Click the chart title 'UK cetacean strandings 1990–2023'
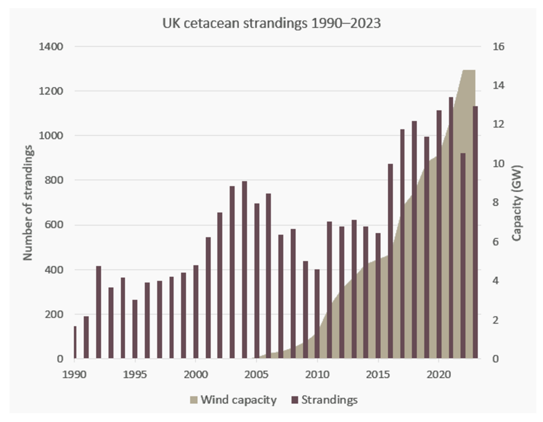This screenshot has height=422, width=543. tap(271, 24)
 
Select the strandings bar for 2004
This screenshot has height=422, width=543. tap(244, 270)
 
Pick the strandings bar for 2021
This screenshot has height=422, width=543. tap(451, 228)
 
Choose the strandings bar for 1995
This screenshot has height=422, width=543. tap(135, 329)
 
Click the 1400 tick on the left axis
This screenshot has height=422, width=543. tap(51, 47)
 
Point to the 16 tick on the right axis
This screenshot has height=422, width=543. tap(499, 47)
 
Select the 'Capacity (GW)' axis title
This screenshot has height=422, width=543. tap(517, 203)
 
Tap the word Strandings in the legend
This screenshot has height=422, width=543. tap(329, 400)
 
